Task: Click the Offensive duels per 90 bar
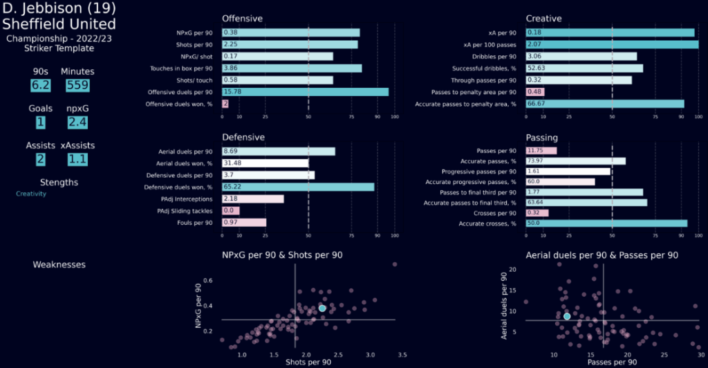coord(305,92)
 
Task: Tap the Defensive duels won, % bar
coord(298,187)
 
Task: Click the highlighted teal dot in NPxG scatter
coord(322,308)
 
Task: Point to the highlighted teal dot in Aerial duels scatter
coord(567,316)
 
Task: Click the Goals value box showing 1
coord(41,122)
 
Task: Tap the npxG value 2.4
coord(76,122)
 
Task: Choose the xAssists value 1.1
coord(77,159)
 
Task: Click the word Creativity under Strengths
coord(31,194)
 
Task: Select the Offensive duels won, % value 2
coord(225,104)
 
